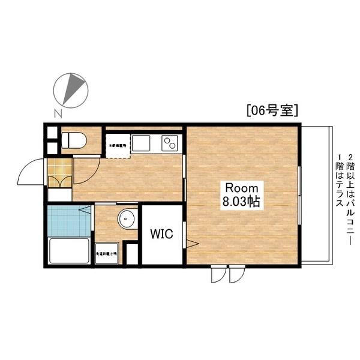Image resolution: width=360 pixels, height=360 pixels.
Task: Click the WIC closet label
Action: tap(161, 234)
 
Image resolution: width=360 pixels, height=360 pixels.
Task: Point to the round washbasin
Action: tap(127, 220)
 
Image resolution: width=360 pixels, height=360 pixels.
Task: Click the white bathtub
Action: tap(68, 251)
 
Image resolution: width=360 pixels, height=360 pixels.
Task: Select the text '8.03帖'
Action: tap(241, 202)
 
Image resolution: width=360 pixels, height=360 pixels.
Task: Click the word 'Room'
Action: tap(241, 187)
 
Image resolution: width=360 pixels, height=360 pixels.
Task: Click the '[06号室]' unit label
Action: tap(272, 110)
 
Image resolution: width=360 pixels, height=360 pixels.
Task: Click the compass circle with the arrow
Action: tap(71, 89)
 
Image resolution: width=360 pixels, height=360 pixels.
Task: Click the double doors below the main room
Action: tap(227, 274)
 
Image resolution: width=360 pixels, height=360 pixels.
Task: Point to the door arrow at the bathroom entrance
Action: tap(84, 210)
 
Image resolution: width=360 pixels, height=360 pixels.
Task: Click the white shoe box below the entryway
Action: tap(59, 194)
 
